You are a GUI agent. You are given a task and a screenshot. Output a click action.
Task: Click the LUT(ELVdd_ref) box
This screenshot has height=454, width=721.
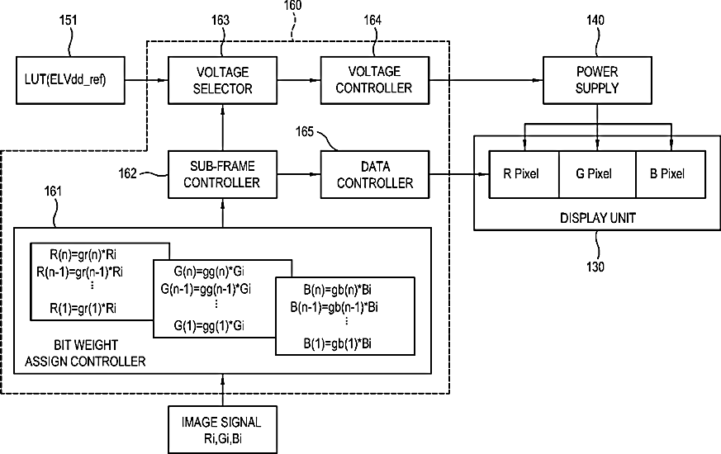click(70, 80)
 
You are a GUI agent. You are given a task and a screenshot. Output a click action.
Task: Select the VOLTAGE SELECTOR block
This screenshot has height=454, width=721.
click(222, 80)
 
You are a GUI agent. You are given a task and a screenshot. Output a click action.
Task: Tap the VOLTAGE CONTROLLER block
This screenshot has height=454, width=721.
click(375, 80)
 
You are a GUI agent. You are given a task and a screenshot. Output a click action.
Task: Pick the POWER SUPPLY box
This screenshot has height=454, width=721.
click(597, 80)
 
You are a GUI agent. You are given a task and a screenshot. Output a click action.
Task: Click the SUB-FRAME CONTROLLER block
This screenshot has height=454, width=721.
click(222, 175)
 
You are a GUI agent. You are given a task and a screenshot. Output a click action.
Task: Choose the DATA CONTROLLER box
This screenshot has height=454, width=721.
click(375, 175)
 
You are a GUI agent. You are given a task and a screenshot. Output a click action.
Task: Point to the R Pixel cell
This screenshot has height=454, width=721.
click(524, 175)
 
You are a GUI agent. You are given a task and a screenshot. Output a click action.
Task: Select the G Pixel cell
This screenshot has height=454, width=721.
click(597, 175)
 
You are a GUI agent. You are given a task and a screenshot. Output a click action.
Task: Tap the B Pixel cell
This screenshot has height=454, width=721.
click(671, 175)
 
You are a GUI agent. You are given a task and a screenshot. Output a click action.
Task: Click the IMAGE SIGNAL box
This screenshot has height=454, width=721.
click(222, 429)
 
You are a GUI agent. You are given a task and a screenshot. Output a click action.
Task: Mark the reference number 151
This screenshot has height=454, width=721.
click(68, 20)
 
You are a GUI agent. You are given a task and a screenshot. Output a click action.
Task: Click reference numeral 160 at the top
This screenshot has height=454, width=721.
click(292, 6)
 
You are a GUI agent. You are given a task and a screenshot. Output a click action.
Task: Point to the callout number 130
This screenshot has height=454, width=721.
click(595, 267)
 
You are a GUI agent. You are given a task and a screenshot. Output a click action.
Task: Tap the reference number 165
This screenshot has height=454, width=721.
click(305, 132)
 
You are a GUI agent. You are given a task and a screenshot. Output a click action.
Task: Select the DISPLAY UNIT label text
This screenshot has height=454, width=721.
click(598, 218)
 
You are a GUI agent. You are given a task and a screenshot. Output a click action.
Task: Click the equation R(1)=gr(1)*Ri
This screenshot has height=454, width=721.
click(83, 309)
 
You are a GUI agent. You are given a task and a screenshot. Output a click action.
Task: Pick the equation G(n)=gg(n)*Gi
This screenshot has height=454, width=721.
click(209, 272)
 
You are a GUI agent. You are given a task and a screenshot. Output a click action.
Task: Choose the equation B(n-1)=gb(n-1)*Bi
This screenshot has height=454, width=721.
click(334, 307)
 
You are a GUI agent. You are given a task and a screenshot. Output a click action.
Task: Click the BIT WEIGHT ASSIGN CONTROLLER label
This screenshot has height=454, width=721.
click(86, 353)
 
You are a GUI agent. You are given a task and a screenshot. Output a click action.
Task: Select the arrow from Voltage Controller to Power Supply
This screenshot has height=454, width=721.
click(486, 80)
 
